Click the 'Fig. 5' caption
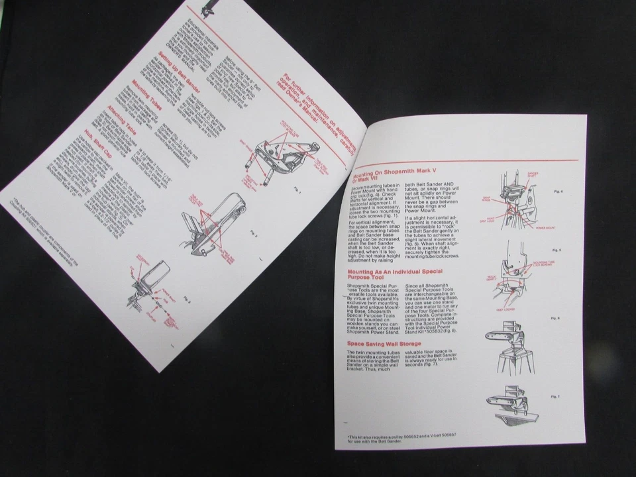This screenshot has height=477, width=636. click(x=556, y=250)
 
